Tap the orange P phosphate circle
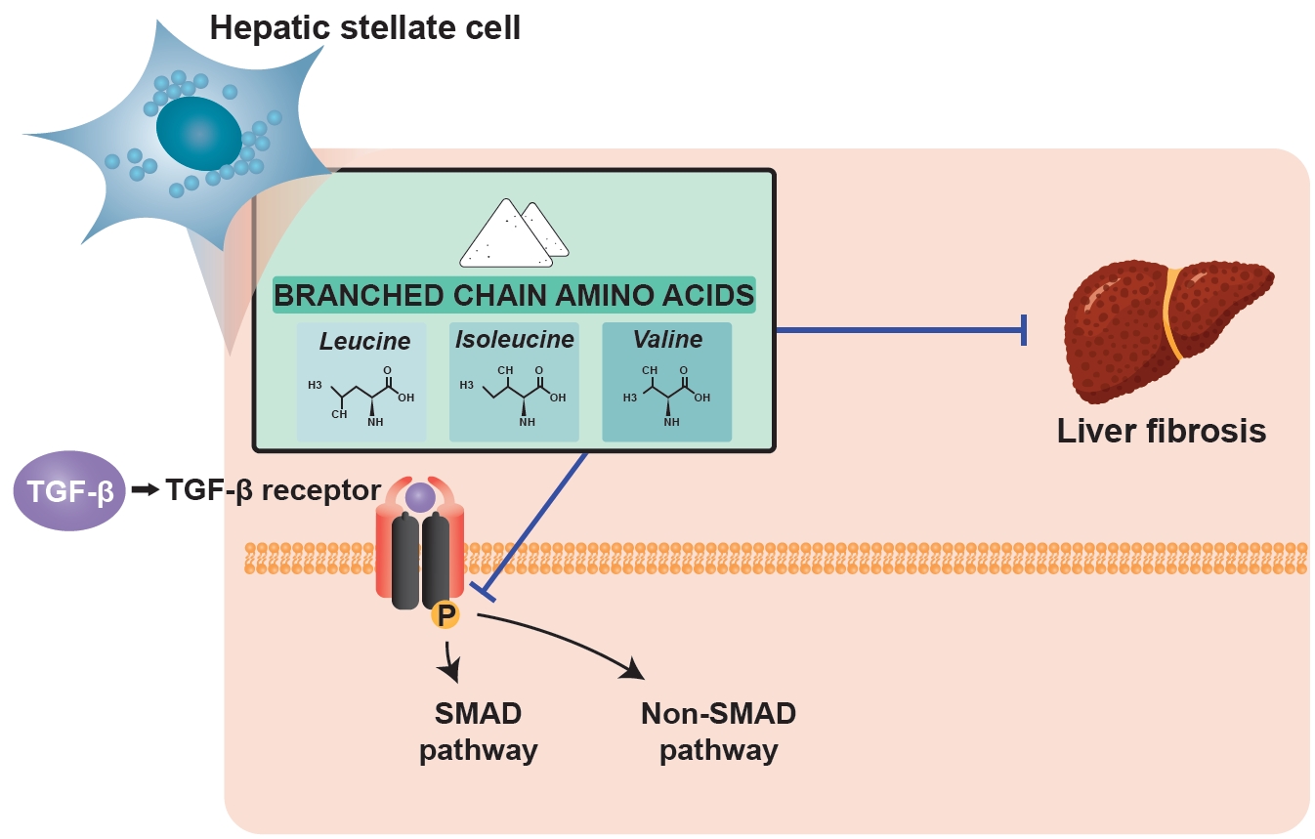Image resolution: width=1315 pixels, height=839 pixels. [x=445, y=615]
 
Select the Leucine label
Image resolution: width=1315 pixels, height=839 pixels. [x=364, y=342]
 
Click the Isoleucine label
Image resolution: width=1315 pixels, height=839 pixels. [x=514, y=340]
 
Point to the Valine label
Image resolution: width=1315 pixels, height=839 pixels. [x=667, y=340]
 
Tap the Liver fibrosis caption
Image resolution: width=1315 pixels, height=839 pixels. [x=1161, y=431]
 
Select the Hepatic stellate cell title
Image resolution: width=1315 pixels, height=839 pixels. [x=364, y=27]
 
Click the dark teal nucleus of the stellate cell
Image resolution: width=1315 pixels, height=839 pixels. [x=198, y=133]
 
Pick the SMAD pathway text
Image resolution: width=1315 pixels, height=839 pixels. [x=478, y=732]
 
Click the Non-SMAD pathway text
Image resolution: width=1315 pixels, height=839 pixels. [x=718, y=732]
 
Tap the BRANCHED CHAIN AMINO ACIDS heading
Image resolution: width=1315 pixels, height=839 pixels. [x=514, y=295]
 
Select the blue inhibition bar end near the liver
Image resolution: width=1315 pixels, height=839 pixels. [x=1024, y=330]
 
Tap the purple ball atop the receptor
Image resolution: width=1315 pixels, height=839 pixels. [x=420, y=498]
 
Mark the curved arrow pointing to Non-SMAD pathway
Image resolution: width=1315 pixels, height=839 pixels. [x=567, y=640]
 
